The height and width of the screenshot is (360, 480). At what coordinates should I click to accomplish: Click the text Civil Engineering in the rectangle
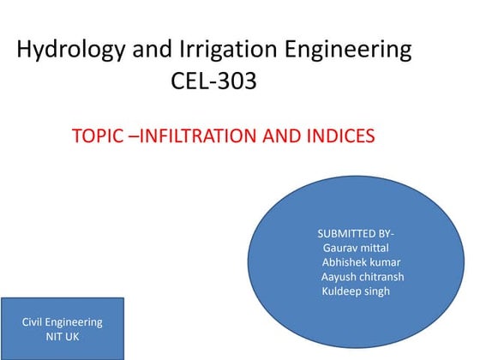[x=62, y=322]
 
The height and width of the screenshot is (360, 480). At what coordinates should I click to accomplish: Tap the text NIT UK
[x=62, y=337]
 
